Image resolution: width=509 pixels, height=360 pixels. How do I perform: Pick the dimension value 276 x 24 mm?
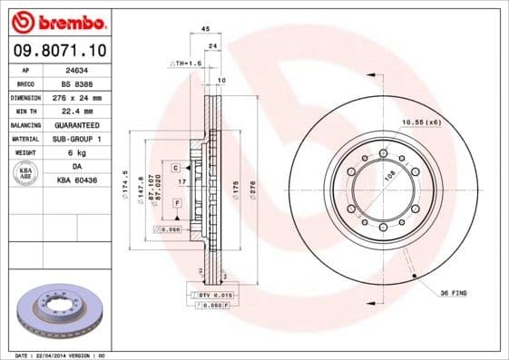click(76, 97)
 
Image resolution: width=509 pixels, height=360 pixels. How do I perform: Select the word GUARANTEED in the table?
click(75, 124)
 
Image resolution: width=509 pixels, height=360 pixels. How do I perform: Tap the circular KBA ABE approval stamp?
click(26, 172)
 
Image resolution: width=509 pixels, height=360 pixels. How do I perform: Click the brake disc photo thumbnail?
click(61, 313)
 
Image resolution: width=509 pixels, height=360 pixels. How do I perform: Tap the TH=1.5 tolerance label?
click(185, 63)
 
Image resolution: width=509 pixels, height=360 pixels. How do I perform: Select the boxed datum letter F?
click(177, 203)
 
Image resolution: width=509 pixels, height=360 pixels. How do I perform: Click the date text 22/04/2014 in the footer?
click(51, 355)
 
